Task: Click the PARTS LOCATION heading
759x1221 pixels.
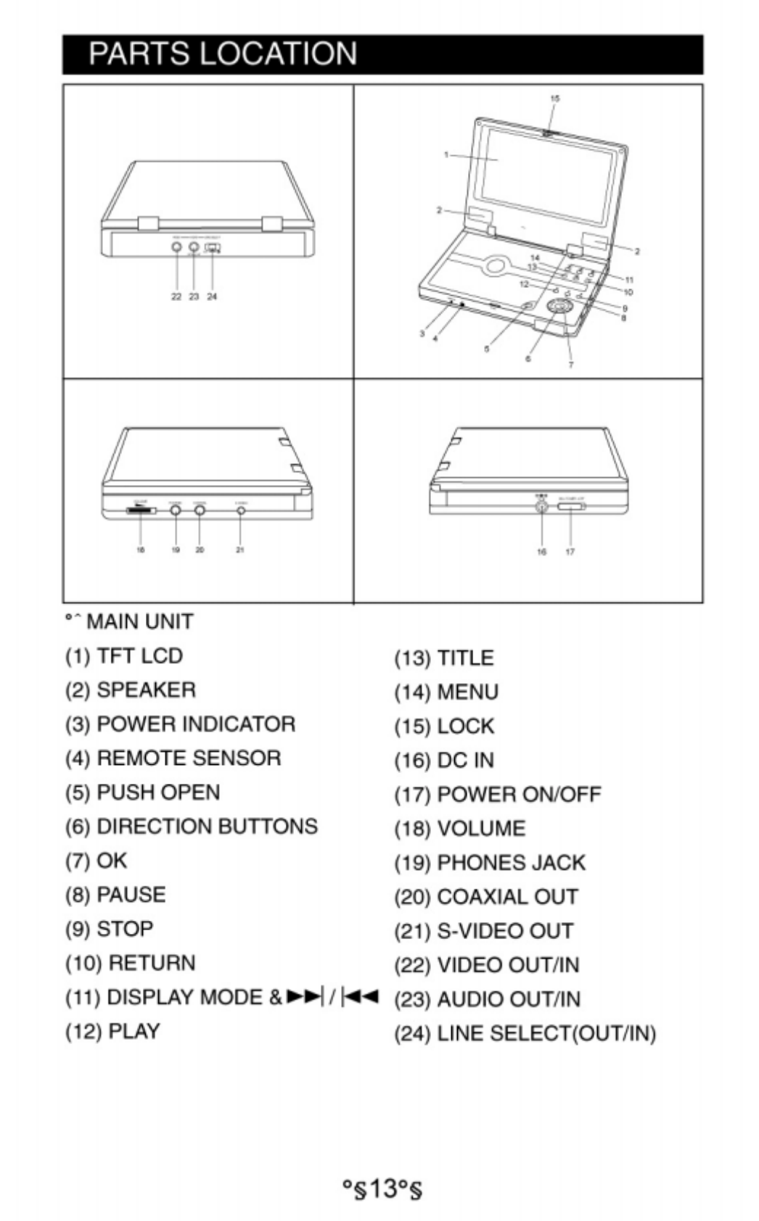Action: click(x=223, y=54)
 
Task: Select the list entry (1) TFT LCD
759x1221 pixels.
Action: click(x=124, y=656)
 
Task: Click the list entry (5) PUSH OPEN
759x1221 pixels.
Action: click(x=142, y=792)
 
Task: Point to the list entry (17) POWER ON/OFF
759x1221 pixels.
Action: click(x=498, y=795)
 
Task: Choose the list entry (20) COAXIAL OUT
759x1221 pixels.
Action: click(x=486, y=897)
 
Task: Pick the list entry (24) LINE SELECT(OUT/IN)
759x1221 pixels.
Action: click(x=525, y=1033)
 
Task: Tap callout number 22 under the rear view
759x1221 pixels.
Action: click(x=176, y=297)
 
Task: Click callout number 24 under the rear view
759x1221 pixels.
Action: click(x=212, y=297)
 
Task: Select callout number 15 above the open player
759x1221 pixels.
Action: click(x=555, y=98)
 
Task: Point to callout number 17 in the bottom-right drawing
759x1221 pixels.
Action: click(x=570, y=552)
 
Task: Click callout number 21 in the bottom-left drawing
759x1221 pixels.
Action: click(x=240, y=550)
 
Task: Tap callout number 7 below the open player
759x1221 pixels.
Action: click(x=570, y=365)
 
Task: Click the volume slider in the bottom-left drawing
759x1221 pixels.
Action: click(x=141, y=510)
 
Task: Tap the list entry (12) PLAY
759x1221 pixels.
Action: click(x=112, y=1031)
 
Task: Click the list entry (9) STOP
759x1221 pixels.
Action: click(x=110, y=929)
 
